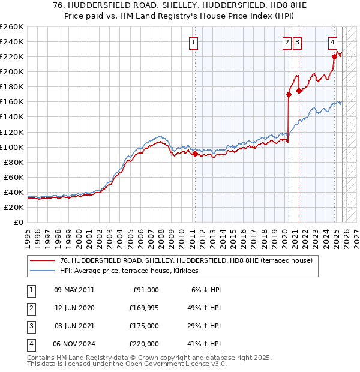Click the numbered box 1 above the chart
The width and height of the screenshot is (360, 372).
pyautogui.click(x=194, y=42)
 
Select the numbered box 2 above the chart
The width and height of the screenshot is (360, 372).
pyautogui.click(x=287, y=42)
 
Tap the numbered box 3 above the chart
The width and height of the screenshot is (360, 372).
pyautogui.click(x=298, y=42)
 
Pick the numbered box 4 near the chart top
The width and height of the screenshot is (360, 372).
pyautogui.click(x=332, y=42)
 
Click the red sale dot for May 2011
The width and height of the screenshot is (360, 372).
pyautogui.click(x=195, y=154)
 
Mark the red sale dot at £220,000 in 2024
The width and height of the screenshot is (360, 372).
pyautogui.click(x=334, y=56)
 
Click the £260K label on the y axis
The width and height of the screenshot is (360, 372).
pyautogui.click(x=11, y=27)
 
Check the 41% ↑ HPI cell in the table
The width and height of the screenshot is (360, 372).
pyautogui.click(x=204, y=344)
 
